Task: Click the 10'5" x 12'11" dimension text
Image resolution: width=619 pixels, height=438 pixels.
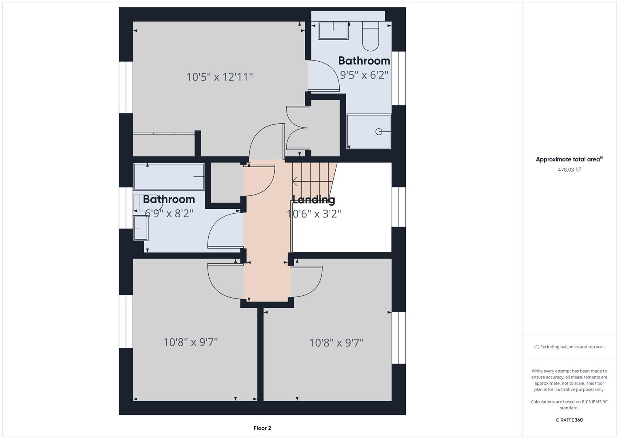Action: point(219,77)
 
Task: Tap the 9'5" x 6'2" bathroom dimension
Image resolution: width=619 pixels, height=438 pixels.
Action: point(364,75)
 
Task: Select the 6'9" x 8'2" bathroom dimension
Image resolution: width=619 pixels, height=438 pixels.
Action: point(169,213)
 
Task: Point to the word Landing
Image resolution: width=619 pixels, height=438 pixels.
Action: point(314,199)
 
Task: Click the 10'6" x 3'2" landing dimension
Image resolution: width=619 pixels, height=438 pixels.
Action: point(314,214)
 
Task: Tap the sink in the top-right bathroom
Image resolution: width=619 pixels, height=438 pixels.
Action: point(333,30)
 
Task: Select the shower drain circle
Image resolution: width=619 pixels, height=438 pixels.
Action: point(379,131)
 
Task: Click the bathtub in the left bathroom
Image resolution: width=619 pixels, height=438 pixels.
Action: point(169,176)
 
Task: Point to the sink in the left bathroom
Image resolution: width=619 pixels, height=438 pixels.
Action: point(140,228)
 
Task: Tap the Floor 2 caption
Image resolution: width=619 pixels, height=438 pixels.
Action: point(262,428)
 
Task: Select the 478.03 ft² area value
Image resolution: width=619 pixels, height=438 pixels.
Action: point(569,170)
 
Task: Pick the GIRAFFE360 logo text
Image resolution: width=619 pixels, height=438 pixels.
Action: point(569,420)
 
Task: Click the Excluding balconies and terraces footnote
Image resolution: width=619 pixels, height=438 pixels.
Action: point(569,347)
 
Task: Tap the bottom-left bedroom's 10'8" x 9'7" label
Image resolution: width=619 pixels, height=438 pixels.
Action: point(191,342)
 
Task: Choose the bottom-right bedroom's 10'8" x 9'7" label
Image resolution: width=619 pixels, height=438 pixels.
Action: point(336,343)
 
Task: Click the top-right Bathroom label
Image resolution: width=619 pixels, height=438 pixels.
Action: point(364,61)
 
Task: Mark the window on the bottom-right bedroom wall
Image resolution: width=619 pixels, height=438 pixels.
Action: point(399,337)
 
